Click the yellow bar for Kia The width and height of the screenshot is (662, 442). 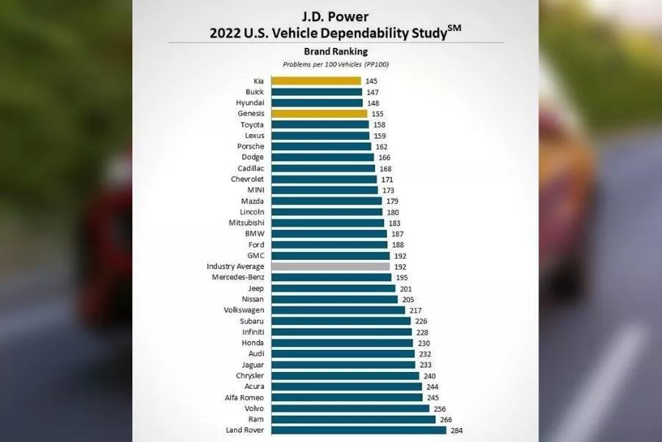316,81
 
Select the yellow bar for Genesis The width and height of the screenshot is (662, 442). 318,114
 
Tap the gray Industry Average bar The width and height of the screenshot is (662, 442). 330,267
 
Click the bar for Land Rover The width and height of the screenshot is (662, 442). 358,430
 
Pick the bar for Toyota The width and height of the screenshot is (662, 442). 320,125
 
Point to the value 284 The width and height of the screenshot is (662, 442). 458,430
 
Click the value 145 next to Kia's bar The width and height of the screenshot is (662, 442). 371,81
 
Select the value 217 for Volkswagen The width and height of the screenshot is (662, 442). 416,310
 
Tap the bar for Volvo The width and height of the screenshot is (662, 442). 350,408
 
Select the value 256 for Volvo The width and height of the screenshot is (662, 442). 440,409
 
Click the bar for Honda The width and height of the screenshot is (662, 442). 341,343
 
